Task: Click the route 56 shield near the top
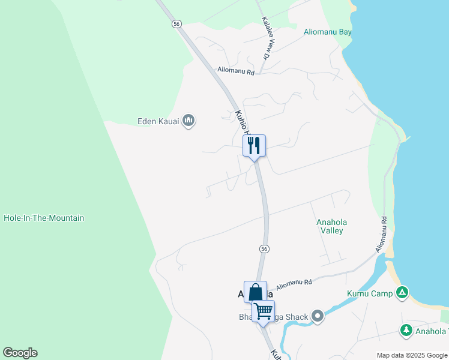176,23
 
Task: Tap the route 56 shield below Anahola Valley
264,248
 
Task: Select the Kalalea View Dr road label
267,38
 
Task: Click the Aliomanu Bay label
327,32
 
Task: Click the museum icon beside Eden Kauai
188,121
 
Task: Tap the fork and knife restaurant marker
254,145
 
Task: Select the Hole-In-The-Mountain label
44,218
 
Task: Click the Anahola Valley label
331,226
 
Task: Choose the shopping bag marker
255,292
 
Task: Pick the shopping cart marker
263,311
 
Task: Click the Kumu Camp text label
370,293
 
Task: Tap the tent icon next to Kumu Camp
402,293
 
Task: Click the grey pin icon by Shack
318,316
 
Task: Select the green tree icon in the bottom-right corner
406,330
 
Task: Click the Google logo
20,353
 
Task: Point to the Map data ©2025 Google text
412,355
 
